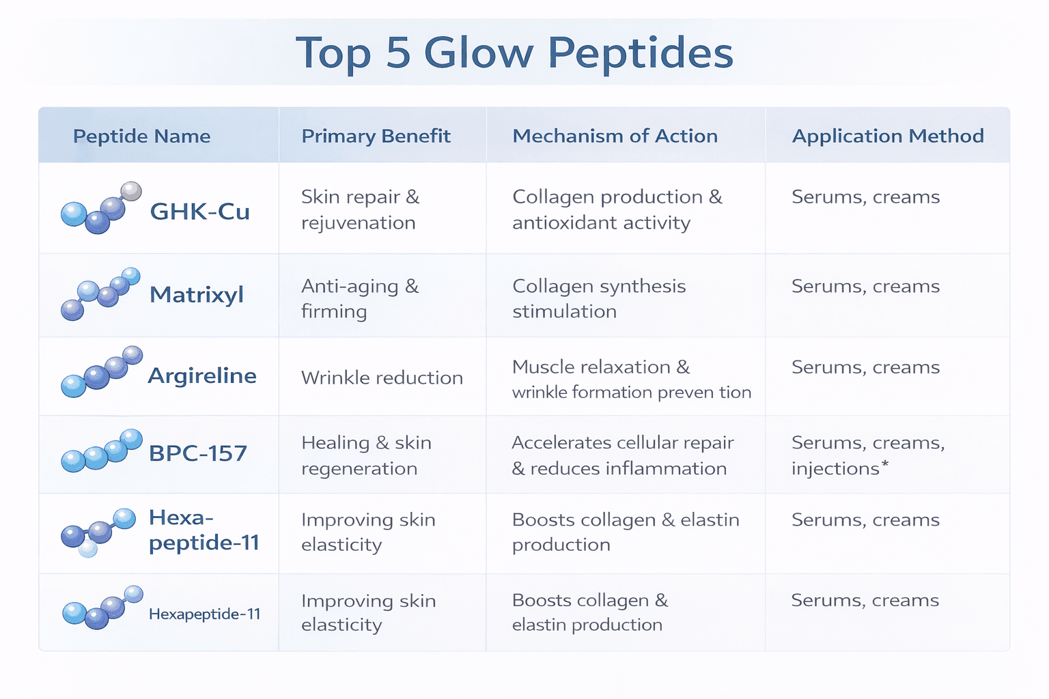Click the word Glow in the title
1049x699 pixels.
pos(477,53)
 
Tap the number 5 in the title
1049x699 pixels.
pos(398,53)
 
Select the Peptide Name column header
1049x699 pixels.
pos(141,136)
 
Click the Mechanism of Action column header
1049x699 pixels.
pos(615,136)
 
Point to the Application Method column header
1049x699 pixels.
pos(887,136)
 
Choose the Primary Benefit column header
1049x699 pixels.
pos(376,136)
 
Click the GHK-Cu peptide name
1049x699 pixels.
pos(199,212)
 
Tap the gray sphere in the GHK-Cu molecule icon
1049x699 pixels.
pos(130,191)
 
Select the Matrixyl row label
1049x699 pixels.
pos(196,295)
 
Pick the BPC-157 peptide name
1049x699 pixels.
pos(197,453)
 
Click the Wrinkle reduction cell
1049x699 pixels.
pos(382,377)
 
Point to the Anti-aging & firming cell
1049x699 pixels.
pos(360,298)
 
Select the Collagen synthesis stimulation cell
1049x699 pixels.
pos(598,298)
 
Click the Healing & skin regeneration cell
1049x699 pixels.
pos(366,455)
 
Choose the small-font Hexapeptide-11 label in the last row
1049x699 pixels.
pos(204,614)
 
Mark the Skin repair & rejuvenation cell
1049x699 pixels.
pos(360,210)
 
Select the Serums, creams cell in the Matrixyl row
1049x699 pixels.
pos(865,287)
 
